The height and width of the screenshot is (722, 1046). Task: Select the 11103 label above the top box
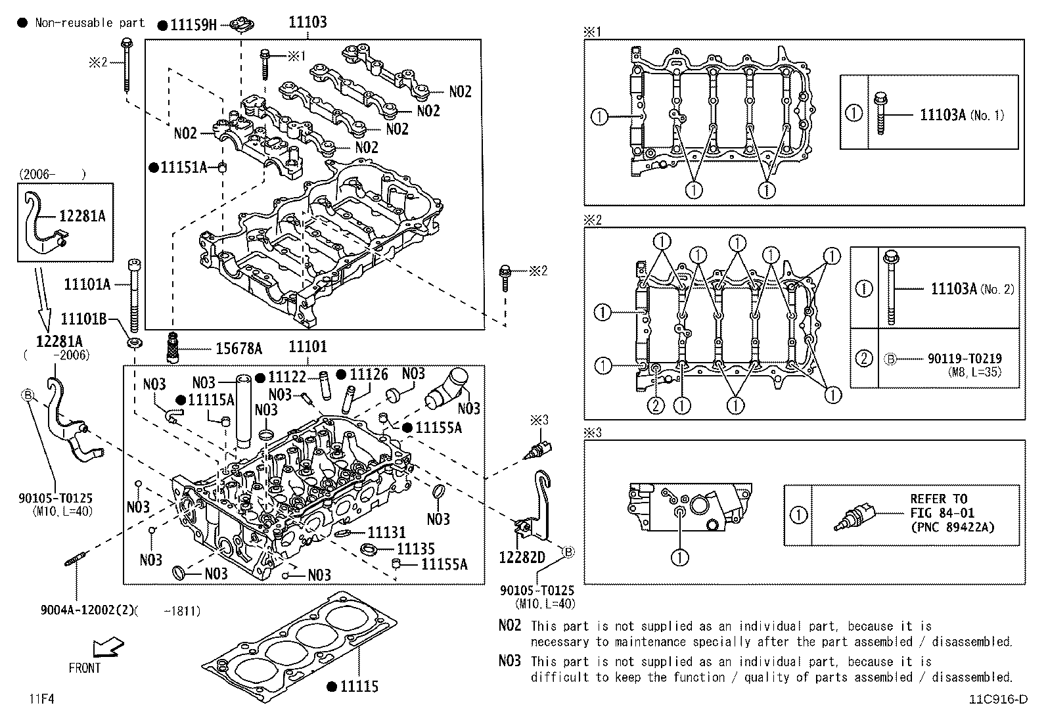(307, 22)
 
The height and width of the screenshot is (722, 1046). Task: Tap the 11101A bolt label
(87, 284)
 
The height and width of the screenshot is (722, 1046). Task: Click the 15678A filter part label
(239, 348)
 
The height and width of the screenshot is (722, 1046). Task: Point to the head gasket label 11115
(359, 687)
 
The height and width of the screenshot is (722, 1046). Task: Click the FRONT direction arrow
(108, 648)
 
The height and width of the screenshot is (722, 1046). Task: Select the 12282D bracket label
(522, 557)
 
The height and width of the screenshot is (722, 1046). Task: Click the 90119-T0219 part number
(965, 359)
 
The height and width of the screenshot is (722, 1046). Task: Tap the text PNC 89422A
(952, 527)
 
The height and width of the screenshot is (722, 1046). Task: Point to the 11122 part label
(287, 377)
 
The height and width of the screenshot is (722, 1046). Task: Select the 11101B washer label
(83, 319)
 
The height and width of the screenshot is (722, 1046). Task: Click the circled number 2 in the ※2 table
(864, 358)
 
